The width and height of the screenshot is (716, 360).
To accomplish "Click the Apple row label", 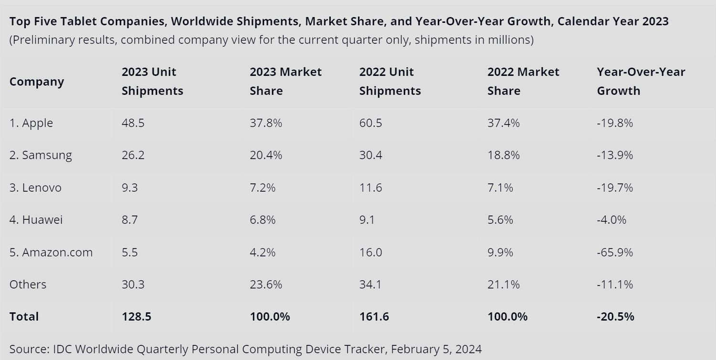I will (x=31, y=123).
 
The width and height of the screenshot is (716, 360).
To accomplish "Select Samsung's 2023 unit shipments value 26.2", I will (x=133, y=155).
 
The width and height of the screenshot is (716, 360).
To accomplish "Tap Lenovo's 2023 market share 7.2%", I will (x=263, y=188).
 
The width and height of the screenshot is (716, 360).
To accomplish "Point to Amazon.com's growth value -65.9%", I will (x=615, y=252).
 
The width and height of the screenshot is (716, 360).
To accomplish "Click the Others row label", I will (x=28, y=285).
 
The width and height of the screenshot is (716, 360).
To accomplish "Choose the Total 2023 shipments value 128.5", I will (x=137, y=317).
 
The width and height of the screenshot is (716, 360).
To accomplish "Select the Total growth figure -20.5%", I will (x=615, y=317).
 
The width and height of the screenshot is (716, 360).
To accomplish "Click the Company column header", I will (x=37, y=82).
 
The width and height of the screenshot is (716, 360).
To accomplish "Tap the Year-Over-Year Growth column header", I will (x=641, y=82).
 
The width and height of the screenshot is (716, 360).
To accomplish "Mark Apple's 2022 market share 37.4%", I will (x=504, y=123).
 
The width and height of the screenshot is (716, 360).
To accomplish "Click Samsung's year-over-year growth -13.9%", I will (x=615, y=155).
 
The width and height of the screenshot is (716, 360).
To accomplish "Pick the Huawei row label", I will (x=36, y=220).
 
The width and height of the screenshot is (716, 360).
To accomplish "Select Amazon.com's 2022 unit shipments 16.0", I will (x=370, y=252).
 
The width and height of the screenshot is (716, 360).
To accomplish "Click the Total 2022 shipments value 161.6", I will (x=374, y=317).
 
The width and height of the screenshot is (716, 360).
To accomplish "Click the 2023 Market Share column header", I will (x=285, y=82).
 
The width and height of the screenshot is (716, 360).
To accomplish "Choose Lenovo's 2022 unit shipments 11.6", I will (x=370, y=188).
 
